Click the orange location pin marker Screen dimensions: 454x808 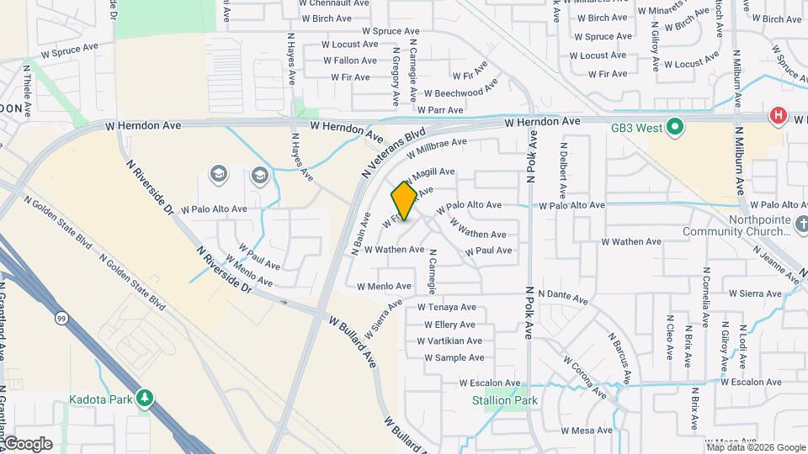click(x=404, y=200)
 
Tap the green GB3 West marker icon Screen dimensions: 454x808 click(x=674, y=128)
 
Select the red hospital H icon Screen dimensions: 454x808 click(x=779, y=116)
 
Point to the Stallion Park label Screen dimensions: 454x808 click(x=504, y=400)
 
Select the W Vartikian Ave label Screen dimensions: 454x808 click(x=449, y=340)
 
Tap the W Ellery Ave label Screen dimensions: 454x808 click(x=445, y=325)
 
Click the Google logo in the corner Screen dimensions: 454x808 click(x=27, y=443)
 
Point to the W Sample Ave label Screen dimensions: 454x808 click(x=454, y=357)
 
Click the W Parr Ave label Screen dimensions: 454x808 click(x=439, y=110)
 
